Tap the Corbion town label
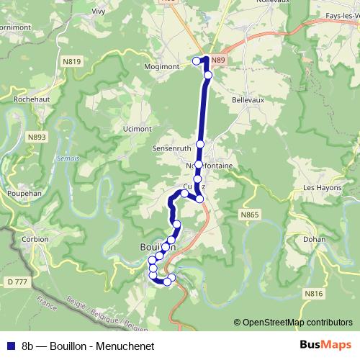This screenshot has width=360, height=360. point(34,239)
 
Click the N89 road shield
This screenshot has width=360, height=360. point(221,63)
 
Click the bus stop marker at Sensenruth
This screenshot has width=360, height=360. point(200,144)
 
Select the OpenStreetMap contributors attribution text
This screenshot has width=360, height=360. point(294,323)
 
